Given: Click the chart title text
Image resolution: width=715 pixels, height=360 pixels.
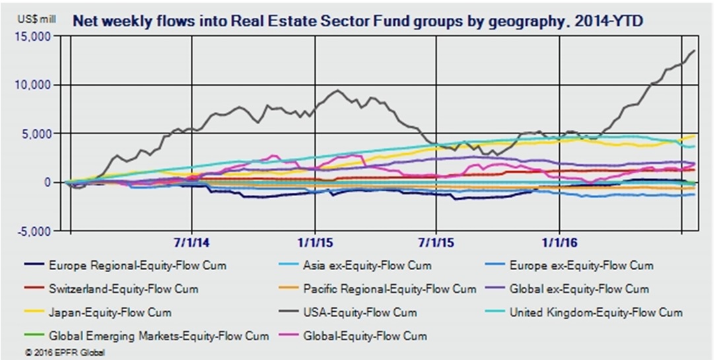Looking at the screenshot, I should (x=357, y=20).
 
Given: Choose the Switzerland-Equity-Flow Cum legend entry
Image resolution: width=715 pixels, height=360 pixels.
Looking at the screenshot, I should (x=123, y=289).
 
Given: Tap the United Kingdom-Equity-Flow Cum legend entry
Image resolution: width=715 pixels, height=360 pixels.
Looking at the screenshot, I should (x=596, y=311).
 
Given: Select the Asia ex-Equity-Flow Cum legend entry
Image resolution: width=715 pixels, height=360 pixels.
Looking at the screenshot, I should (x=367, y=266).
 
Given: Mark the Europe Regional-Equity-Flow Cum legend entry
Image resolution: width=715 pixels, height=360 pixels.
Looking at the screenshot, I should (x=137, y=266).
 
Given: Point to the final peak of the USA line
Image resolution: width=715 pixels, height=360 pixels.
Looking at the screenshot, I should (x=693, y=51).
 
